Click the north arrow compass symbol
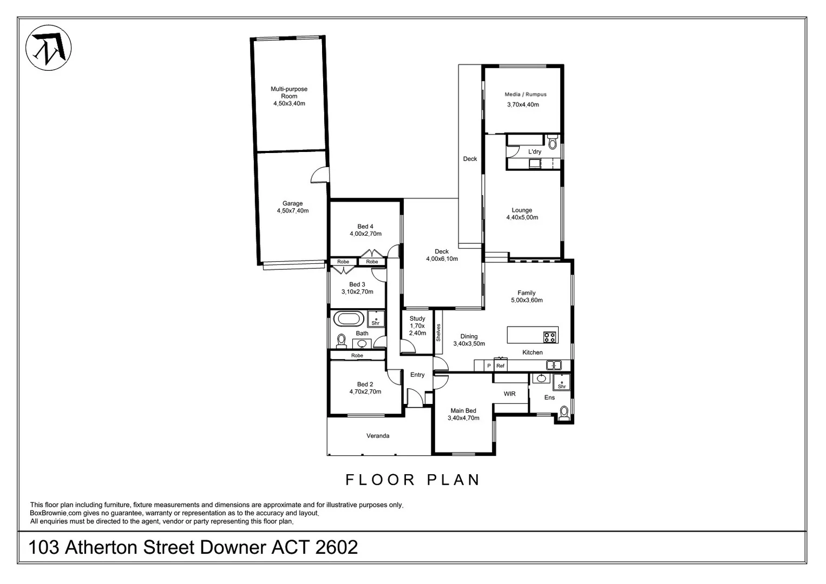[x=49, y=48]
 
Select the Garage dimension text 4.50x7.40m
[x=292, y=211]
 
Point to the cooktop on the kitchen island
[x=550, y=336]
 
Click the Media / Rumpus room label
[x=526, y=94]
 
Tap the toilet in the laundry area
[x=553, y=142]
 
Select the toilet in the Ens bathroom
[x=564, y=414]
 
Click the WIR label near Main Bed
[x=509, y=394]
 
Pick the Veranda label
[x=378, y=436]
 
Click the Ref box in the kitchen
[x=500, y=366]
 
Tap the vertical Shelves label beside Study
[x=438, y=332]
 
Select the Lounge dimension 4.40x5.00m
[x=522, y=217]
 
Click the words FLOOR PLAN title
[x=413, y=480]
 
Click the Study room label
[x=417, y=318]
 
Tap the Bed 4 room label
[x=365, y=227]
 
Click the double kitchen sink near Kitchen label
[x=553, y=365]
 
